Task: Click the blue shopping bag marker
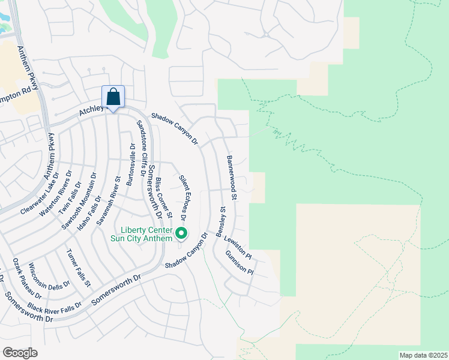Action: pyautogui.click(x=113, y=98)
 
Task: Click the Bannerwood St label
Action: pyautogui.click(x=232, y=178)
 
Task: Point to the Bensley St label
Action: pyautogui.click(x=220, y=221)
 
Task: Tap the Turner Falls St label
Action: pyautogui.click(x=79, y=266)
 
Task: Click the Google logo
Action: pyautogui.click(x=20, y=352)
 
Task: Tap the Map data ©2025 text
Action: pyautogui.click(x=423, y=355)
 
